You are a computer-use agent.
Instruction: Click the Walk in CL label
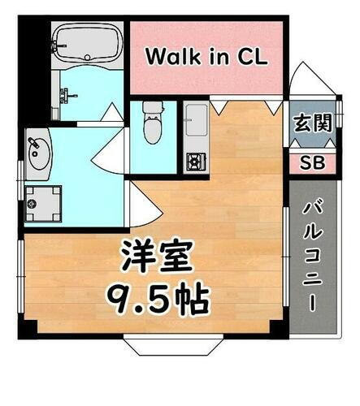click(x=207, y=57)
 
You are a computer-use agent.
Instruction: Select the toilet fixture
click(x=152, y=122)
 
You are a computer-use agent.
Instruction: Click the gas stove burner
click(x=195, y=160)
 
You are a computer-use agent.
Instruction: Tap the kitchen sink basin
click(x=196, y=124)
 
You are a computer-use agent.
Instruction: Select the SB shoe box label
click(x=312, y=162)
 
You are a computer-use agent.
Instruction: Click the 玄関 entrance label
click(x=312, y=124)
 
